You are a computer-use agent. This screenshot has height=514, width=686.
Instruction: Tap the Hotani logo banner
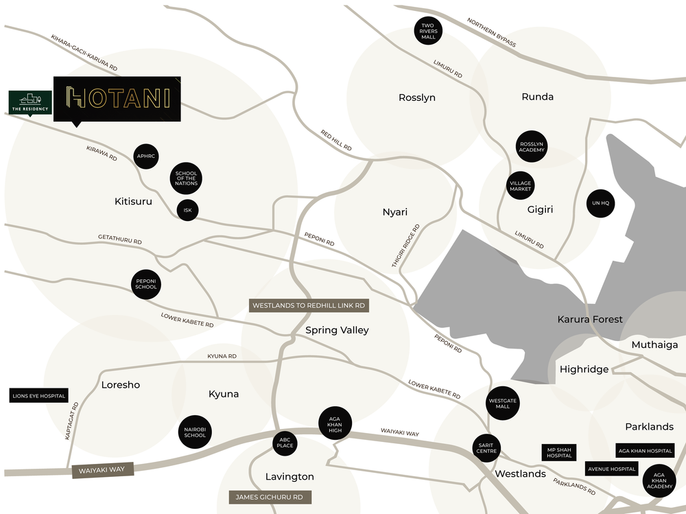[x=117, y=98]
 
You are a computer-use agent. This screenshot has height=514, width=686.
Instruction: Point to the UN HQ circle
[x=600, y=203]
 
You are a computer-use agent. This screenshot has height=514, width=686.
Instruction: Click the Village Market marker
[x=521, y=186]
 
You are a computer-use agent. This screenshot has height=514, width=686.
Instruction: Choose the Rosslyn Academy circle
[x=532, y=147]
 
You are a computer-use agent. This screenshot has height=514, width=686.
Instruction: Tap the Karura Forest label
[x=589, y=319]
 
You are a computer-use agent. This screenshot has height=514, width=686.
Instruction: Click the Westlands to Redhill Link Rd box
[x=308, y=305]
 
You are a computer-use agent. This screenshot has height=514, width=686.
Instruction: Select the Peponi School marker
[x=146, y=283]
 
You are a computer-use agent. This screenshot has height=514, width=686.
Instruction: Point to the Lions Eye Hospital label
[x=38, y=396]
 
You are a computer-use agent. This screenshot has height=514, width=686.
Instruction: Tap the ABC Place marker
[x=285, y=443]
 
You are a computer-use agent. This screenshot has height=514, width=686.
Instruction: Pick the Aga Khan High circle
[x=335, y=423]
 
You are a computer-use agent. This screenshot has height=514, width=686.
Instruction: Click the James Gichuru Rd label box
[x=270, y=497]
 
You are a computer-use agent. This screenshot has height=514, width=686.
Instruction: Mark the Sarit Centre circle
[x=487, y=448]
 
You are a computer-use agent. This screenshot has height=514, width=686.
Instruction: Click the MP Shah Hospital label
[x=559, y=452]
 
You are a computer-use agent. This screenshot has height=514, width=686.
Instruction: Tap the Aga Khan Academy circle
[x=659, y=481]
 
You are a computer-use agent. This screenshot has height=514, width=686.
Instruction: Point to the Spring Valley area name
[x=337, y=330]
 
